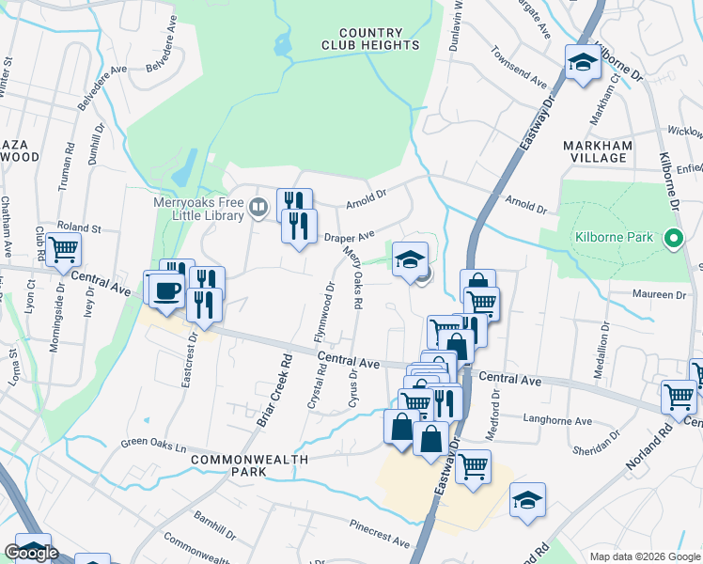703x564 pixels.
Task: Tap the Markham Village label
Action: click(x=595, y=151)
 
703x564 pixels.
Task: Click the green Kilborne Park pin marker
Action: click(x=673, y=239)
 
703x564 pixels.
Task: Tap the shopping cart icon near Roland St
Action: click(x=64, y=250)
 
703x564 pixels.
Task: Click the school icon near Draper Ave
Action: click(x=410, y=259)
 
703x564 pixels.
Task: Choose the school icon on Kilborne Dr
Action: click(x=583, y=64)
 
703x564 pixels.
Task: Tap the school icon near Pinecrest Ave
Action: click(x=527, y=502)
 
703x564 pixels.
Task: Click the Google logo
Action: click(x=31, y=553)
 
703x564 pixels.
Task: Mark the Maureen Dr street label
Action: click(x=661, y=294)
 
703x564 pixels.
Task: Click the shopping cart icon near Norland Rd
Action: click(x=678, y=396)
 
